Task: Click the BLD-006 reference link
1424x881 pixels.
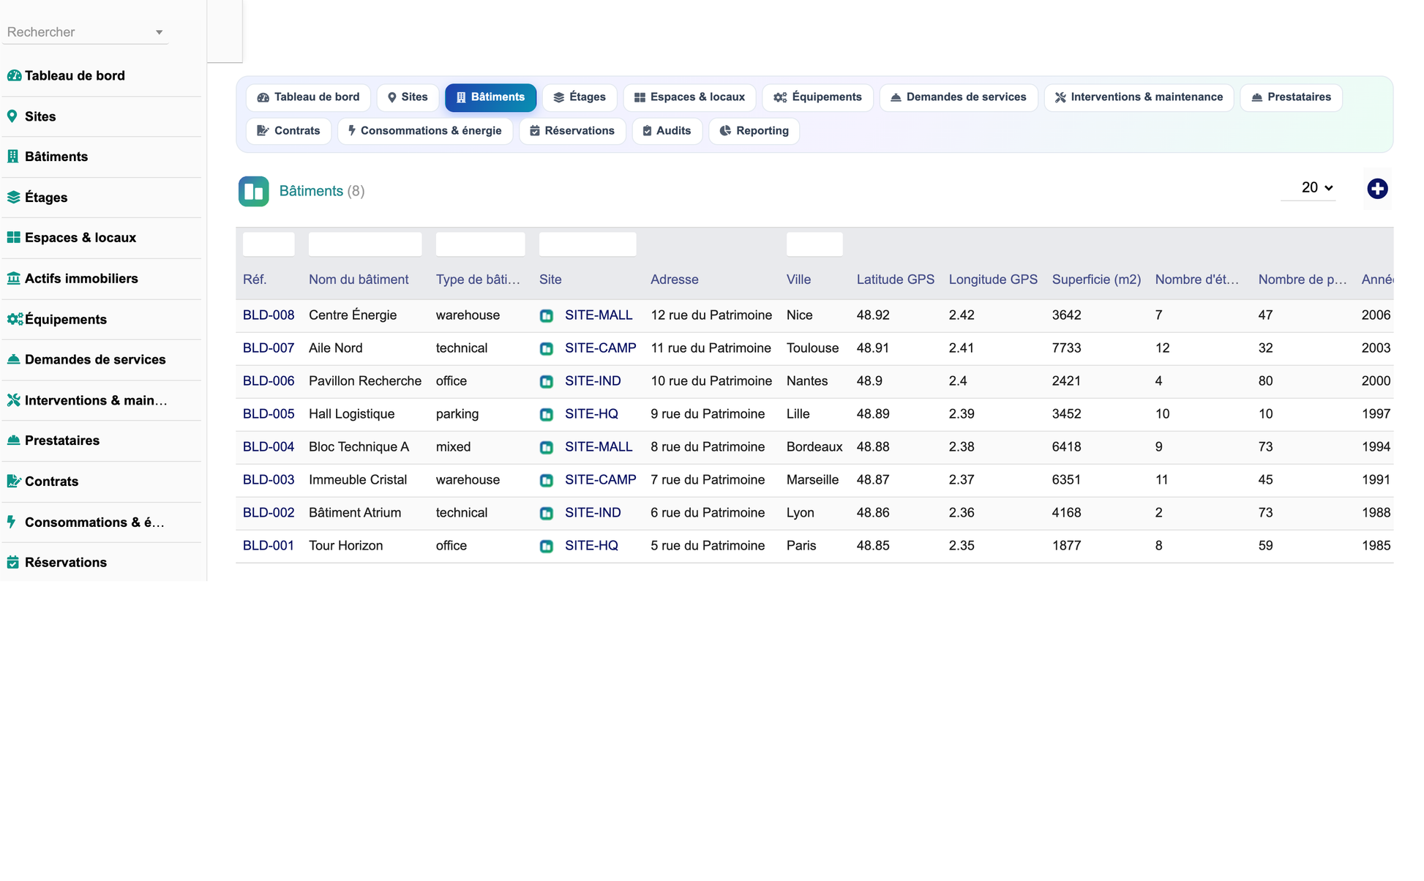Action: click(269, 381)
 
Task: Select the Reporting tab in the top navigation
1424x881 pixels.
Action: click(754, 131)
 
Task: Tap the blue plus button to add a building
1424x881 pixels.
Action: click(1377, 189)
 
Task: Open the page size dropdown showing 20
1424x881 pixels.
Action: click(1316, 188)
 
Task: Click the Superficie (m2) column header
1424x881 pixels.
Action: click(1096, 280)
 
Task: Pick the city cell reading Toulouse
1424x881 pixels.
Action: click(812, 348)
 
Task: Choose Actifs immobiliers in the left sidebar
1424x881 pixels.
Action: click(81, 279)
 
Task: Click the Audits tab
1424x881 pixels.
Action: click(667, 131)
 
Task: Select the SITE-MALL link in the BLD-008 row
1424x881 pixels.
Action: click(599, 315)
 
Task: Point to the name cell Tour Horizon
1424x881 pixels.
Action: click(345, 546)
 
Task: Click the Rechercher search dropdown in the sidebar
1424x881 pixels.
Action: click(85, 32)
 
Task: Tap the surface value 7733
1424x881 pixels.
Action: click(1066, 348)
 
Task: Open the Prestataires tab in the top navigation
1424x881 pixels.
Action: click(1291, 97)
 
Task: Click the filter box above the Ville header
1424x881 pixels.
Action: click(814, 244)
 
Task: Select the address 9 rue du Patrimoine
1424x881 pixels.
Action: click(708, 414)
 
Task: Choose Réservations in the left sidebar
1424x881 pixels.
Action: click(66, 563)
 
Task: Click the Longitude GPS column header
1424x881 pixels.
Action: click(993, 280)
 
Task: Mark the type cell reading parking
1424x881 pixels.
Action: click(457, 414)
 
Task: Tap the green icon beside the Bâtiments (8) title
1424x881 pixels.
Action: click(254, 192)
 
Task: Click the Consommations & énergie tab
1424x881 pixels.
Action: click(425, 131)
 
